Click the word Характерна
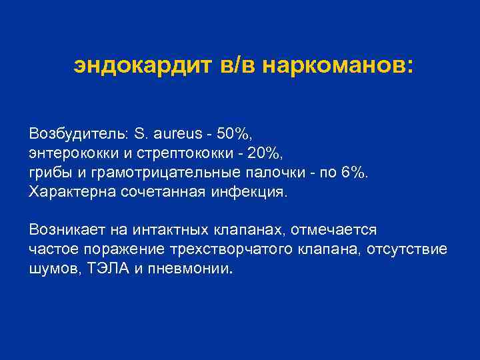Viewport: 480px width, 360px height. (71, 192)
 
